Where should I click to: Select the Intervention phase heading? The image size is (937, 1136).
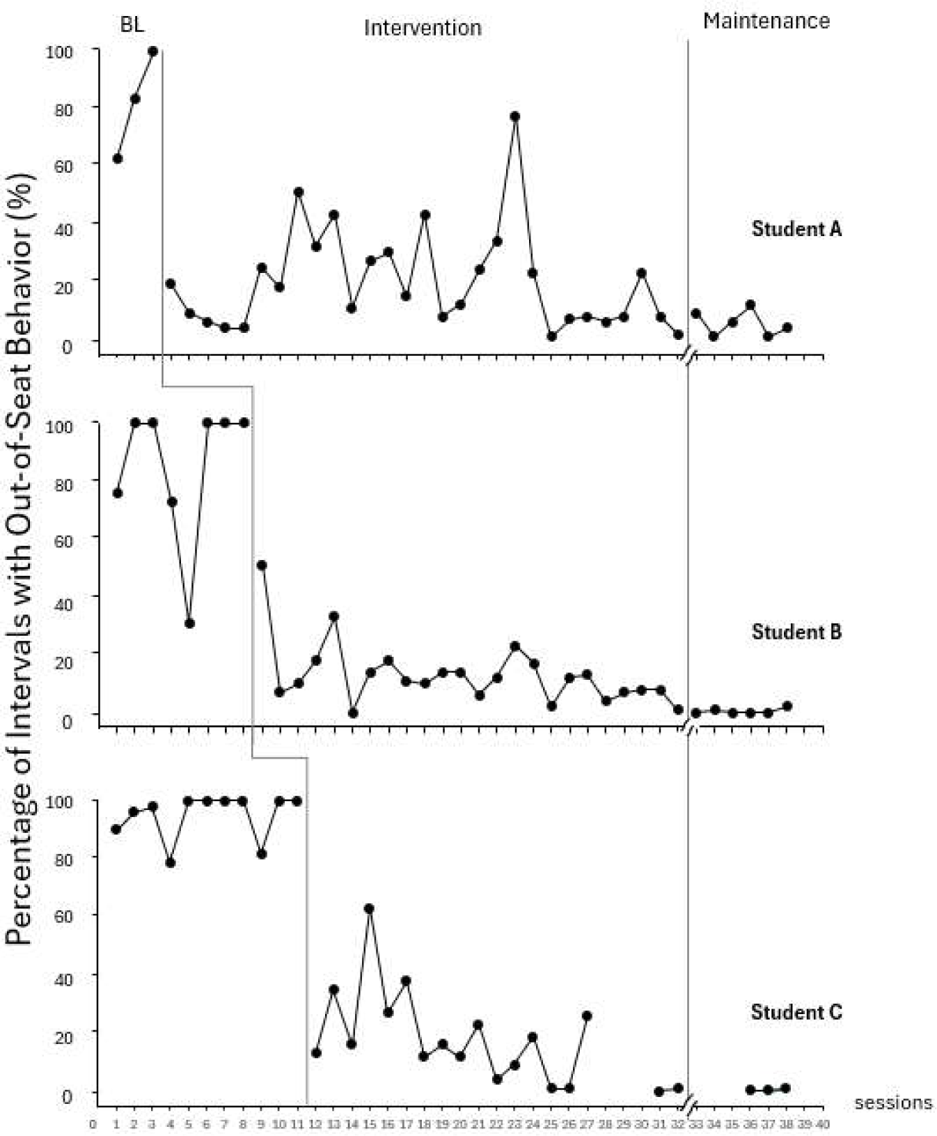pos(423,28)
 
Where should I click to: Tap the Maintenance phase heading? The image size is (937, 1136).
pos(766,21)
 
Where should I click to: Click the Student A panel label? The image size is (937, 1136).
pos(796,228)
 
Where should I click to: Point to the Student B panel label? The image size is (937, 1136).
pos(796,632)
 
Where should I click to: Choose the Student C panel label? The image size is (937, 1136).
pos(796,1011)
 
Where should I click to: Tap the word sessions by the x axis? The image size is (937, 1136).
pos(893,1103)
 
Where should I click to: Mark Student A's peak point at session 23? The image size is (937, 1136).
pos(515,116)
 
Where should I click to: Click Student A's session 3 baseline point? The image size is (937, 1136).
pos(152,51)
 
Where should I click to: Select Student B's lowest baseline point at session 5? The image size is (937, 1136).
pos(189,623)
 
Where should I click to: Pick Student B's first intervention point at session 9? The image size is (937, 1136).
pos(262,564)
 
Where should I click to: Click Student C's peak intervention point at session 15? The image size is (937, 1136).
pos(369,909)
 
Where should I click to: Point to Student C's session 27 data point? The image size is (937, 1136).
pos(587,1016)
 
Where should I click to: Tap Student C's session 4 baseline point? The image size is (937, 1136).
pos(170,862)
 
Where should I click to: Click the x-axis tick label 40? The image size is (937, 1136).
pos(823,1123)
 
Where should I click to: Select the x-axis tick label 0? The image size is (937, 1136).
pos(93,1123)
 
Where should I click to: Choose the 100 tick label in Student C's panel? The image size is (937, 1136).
pos(59,802)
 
